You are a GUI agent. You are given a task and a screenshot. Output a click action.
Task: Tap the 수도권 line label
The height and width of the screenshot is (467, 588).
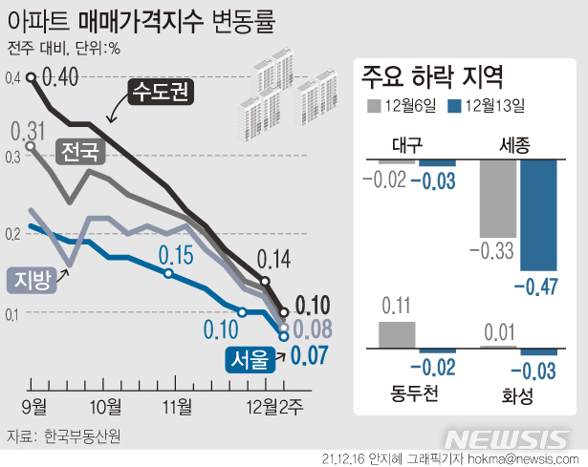coord(161,95)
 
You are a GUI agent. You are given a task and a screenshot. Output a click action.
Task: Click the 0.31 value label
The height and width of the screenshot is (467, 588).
coord(29,129)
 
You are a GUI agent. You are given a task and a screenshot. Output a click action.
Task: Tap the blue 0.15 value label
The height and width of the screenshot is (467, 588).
coord(176,254)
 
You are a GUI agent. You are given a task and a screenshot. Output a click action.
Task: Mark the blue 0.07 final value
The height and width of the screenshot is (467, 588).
coord(312,356)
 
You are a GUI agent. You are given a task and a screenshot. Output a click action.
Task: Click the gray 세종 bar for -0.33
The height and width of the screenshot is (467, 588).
coord(496,199)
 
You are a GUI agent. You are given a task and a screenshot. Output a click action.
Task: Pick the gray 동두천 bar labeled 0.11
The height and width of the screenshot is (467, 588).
coord(398,334)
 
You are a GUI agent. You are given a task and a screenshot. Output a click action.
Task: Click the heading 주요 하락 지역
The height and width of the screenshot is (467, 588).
coord(433,75)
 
